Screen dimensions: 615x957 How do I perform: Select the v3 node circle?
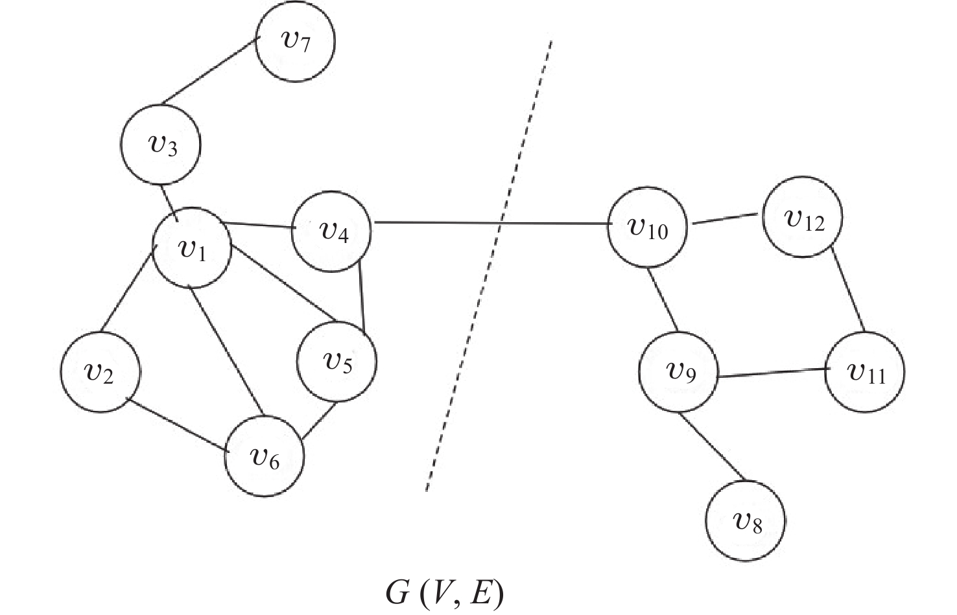pyautogui.click(x=161, y=144)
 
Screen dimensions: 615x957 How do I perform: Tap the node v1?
pyautogui.click(x=192, y=248)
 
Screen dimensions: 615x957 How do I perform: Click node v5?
pyautogui.click(x=337, y=362)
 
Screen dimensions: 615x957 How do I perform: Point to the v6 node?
pyautogui.click(x=265, y=457)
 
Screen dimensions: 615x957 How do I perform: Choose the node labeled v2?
pyautogui.click(x=100, y=372)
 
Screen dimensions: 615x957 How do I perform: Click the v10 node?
pyautogui.click(x=647, y=228)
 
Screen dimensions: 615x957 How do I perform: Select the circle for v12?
pyautogui.click(x=803, y=216)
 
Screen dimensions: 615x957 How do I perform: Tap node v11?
pyautogui.click(x=865, y=373)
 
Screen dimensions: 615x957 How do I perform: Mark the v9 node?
pyautogui.click(x=679, y=372)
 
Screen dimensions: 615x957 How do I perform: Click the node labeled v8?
pyautogui.click(x=746, y=520)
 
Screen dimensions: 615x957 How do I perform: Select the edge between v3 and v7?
pyautogui.click(x=209, y=72)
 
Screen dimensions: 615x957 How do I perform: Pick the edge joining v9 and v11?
pyautogui.click(x=772, y=373)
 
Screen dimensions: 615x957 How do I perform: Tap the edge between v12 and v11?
pyautogui.click(x=849, y=290)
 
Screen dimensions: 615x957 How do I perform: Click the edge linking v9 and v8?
pyautogui.click(x=713, y=447)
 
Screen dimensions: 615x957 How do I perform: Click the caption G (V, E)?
pyautogui.click(x=443, y=594)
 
